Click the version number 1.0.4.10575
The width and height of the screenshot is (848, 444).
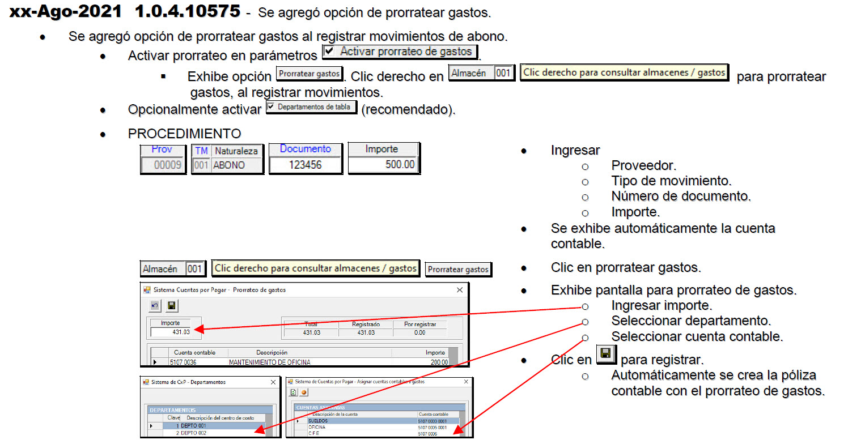pos(188,11)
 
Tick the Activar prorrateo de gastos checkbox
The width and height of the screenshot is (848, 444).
pos(329,50)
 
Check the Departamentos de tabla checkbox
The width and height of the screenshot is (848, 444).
pos(271,106)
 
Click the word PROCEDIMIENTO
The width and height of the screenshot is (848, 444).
pos(184,134)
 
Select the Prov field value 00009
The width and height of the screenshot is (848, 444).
pos(168,165)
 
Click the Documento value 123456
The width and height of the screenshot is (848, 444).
pos(305,165)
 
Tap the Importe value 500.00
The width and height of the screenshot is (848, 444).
pos(400,164)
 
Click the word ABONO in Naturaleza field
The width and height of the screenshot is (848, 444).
pos(229,165)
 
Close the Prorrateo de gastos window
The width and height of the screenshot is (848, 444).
pos(460,290)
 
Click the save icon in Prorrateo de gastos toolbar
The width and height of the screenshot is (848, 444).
pos(172,306)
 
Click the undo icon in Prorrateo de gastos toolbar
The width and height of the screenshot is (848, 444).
pos(155,306)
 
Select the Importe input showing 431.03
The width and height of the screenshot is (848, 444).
pos(171,332)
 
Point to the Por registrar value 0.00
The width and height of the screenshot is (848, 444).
pos(419,333)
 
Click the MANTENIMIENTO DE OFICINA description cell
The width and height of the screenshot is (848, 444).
pos(270,362)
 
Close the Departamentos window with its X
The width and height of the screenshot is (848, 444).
pos(273,382)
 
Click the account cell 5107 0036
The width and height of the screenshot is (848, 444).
pos(183,362)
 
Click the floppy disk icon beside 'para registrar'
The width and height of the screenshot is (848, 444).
pos(606,354)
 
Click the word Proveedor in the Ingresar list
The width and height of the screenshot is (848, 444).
pos(643,165)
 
